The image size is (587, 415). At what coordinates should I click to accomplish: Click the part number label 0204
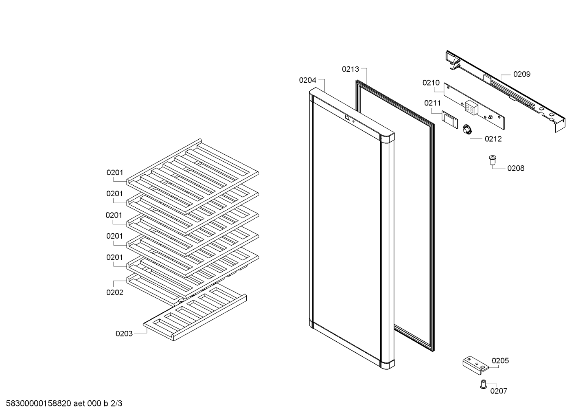click(308, 80)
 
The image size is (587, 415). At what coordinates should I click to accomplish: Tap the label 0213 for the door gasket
click(350, 69)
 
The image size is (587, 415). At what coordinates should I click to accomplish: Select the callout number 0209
click(522, 75)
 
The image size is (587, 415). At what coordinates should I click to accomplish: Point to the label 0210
click(431, 83)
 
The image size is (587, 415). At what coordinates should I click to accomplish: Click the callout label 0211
click(433, 103)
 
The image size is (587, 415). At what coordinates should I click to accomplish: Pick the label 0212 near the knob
click(493, 139)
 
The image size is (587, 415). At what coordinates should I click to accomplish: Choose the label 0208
click(516, 168)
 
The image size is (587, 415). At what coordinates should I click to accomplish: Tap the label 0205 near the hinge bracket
click(500, 361)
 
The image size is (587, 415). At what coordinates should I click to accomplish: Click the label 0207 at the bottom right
click(499, 391)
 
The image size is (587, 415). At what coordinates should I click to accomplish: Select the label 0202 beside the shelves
click(115, 292)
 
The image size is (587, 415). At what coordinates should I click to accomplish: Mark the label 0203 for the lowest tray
click(124, 334)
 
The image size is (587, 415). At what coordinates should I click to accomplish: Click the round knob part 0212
click(467, 130)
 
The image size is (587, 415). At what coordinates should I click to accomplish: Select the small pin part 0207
click(483, 384)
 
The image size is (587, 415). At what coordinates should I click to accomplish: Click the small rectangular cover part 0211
click(450, 120)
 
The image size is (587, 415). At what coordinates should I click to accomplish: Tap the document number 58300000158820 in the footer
click(39, 404)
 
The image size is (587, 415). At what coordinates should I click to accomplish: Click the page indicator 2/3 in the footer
click(116, 404)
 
